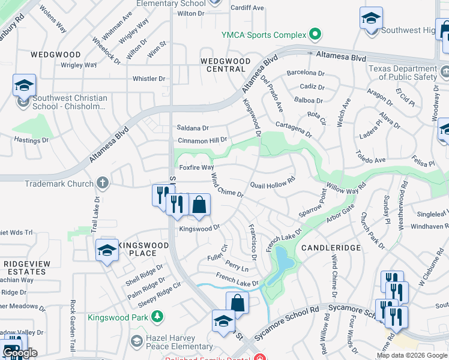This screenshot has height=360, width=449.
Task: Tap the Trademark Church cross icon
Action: click(103, 183)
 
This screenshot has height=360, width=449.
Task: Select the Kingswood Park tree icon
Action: click(157, 316)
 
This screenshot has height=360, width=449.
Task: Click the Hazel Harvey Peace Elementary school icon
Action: click(136, 341)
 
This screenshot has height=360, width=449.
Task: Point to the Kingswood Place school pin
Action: click(107, 251)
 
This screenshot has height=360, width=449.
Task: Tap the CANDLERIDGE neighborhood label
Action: click(331, 247)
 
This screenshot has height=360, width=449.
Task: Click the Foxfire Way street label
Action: click(196, 167)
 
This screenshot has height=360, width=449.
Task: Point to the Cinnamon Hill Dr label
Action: click(202, 140)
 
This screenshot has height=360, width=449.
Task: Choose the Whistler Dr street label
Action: click(148, 79)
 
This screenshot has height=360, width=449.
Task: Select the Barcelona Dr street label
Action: click(306, 73)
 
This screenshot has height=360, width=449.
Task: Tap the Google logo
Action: click(19, 353)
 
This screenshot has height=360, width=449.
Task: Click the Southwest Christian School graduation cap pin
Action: click(24, 86)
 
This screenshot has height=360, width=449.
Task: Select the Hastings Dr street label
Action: click(31, 140)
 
